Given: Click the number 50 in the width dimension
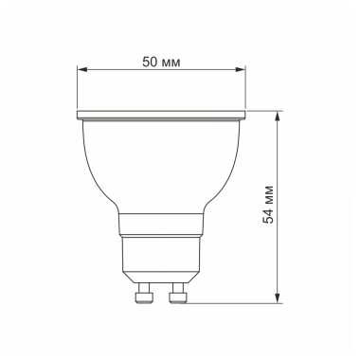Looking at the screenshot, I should [147, 61].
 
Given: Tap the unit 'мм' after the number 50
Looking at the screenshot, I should [171, 61].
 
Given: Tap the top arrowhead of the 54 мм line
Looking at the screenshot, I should [278, 115].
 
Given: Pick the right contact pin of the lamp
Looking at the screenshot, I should [176, 297].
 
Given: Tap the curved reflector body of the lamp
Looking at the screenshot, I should [161, 166].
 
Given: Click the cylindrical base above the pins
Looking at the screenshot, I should [161, 261].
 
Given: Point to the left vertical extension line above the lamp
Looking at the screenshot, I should [78, 90].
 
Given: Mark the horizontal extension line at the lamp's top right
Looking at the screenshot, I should [265, 111].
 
